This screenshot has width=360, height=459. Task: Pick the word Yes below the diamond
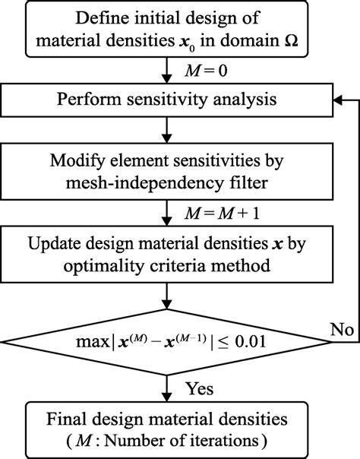[x=198, y=388]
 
